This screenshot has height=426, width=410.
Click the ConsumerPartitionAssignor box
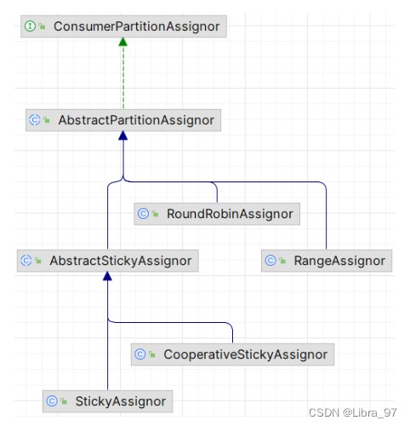[123, 26]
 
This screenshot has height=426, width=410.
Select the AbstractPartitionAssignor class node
[123, 120]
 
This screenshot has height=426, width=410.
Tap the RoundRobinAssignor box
[217, 214]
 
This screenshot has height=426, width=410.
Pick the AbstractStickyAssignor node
[108, 261]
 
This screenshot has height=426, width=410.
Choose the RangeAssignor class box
[327, 261]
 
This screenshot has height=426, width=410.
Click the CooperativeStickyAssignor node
[232, 354]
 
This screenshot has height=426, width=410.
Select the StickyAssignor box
[108, 401]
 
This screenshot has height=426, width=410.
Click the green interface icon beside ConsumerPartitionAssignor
[30, 26]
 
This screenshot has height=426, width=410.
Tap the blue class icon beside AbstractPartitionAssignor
[35, 120]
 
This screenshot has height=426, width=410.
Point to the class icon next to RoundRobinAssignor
[143, 214]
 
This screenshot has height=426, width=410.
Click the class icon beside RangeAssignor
[270, 261]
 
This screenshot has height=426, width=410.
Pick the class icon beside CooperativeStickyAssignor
[140, 354]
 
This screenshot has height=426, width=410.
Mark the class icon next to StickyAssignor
[52, 401]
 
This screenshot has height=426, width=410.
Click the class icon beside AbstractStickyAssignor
[26, 261]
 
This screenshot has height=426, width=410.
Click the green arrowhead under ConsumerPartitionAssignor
[123, 42]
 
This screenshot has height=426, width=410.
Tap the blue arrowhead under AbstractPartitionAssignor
[123, 135]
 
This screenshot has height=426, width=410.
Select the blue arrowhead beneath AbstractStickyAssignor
[107, 276]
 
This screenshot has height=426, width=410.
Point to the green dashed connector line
[123, 78]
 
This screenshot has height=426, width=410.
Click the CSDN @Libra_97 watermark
[352, 412]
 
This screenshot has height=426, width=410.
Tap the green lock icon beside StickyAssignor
[64, 401]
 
